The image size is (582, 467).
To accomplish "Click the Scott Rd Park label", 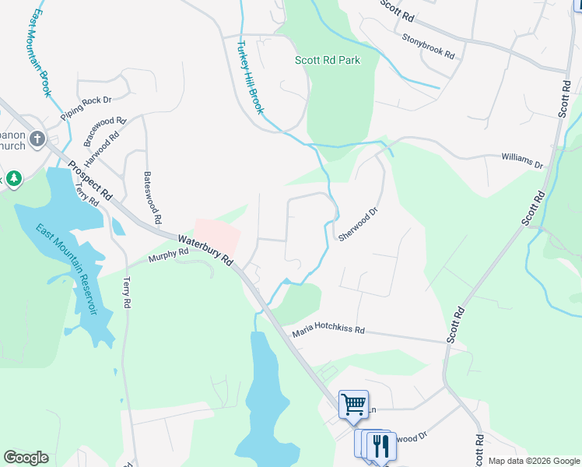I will click(x=328, y=60).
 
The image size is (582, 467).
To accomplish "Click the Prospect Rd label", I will click(x=90, y=182).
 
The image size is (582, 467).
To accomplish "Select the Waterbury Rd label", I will click(x=205, y=251).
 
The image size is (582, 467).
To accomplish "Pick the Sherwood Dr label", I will click(x=358, y=224).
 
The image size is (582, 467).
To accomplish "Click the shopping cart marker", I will click(x=353, y=403).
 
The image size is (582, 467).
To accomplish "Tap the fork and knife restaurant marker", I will click(x=380, y=446).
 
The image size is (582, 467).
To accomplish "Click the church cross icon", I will click(x=37, y=140).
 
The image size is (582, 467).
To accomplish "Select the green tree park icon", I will click(x=13, y=179).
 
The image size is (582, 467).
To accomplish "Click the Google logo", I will click(x=26, y=458).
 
